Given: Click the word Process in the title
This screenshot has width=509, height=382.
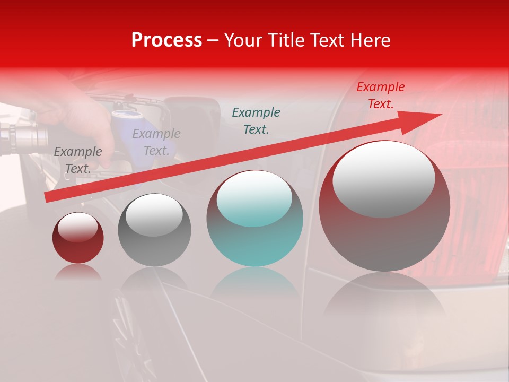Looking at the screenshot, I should [166, 40].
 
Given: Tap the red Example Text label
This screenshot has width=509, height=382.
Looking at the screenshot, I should [380, 95].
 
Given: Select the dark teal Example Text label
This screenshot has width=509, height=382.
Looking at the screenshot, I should [256, 120].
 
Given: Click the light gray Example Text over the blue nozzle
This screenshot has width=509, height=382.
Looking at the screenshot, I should [156, 142].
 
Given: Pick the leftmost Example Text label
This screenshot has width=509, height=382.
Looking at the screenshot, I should [78, 160].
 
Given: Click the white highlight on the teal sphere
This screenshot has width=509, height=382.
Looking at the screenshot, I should [254, 198].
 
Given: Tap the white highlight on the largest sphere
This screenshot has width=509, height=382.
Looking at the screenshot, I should [384, 179].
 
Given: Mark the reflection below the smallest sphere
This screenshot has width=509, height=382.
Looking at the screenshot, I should [78, 272].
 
